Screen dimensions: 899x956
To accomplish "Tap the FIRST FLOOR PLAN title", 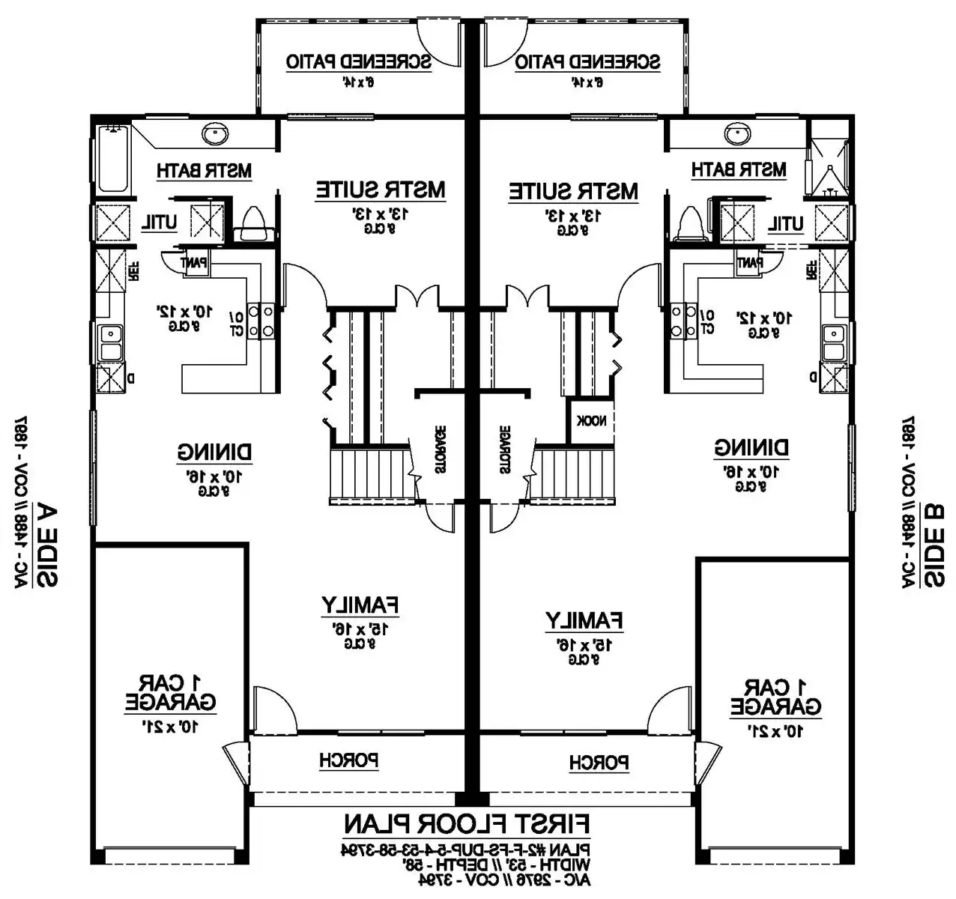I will tap(467, 825).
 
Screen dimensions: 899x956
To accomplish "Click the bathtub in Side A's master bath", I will tap(114, 160).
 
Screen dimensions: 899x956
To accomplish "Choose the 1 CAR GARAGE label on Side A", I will tap(170, 693).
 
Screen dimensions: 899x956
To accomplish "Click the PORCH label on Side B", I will tap(599, 763).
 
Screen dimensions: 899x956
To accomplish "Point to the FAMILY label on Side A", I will tap(360, 604).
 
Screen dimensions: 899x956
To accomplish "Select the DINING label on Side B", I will tap(751, 448).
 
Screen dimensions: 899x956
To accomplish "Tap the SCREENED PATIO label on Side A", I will tap(359, 61).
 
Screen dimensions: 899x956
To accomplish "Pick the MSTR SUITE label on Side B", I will tap(574, 191).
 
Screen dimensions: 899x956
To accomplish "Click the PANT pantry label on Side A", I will tap(194, 263).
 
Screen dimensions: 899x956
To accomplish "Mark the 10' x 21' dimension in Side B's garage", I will tap(775, 730).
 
